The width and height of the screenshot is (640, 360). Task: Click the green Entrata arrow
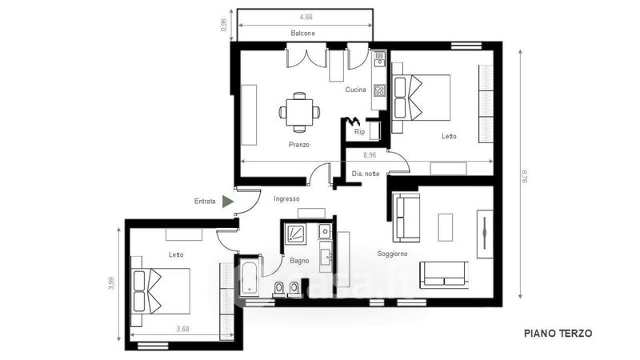[x=227, y=202]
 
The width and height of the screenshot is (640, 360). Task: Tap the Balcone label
[x=303, y=33]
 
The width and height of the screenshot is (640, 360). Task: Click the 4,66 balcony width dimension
[x=306, y=17]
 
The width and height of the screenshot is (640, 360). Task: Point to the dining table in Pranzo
[x=299, y=112]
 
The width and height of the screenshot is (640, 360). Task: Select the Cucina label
[x=355, y=90]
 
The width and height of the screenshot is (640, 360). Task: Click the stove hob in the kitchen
[x=379, y=90]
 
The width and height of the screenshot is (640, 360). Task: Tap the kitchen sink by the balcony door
[x=379, y=58]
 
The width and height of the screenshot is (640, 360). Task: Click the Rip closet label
[x=359, y=131]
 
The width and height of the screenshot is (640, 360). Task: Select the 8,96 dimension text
[x=370, y=155]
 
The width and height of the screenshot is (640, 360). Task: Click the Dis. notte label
[x=366, y=174]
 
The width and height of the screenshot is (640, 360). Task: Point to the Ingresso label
[x=286, y=198]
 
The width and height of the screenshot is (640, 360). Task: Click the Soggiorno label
[x=392, y=254]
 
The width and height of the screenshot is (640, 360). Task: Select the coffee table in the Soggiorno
[x=446, y=227]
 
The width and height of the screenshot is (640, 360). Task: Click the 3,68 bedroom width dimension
[x=183, y=329]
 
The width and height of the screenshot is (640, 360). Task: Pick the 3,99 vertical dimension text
[x=111, y=283]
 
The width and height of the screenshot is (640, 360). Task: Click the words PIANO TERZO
[x=558, y=334]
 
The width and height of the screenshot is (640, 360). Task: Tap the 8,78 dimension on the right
[x=525, y=176]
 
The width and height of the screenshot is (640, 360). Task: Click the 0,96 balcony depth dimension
[x=224, y=25]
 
